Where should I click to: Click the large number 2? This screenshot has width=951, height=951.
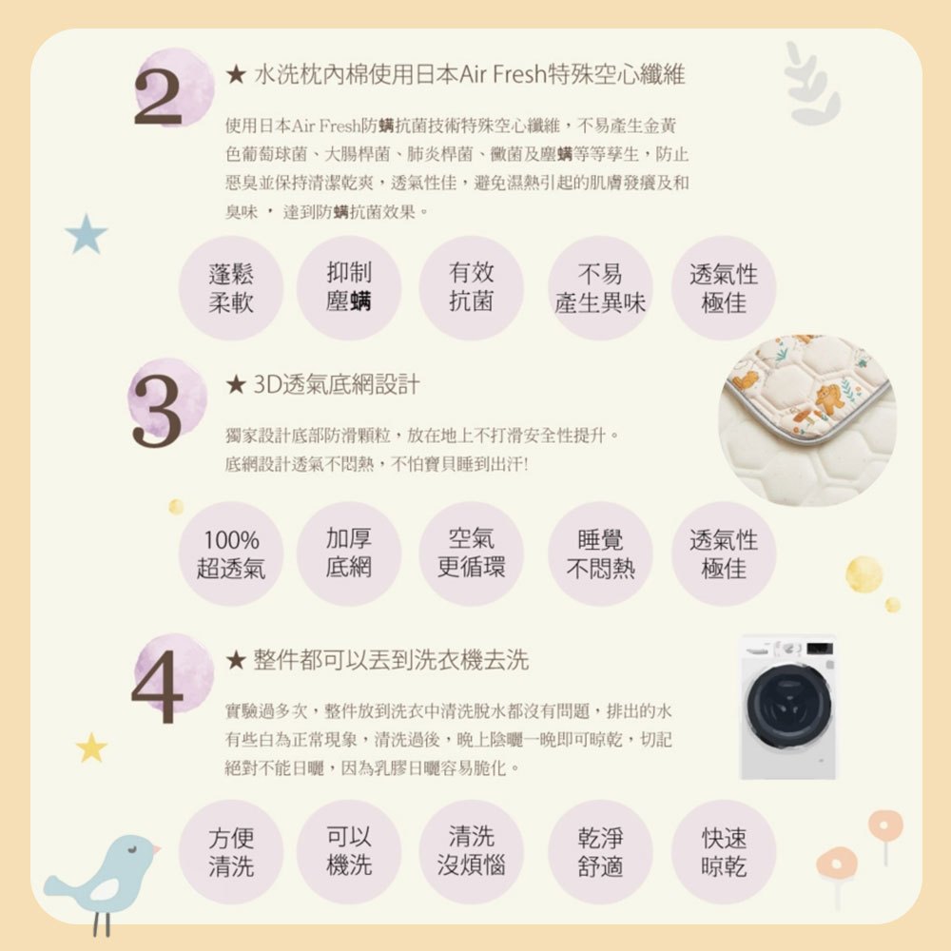(x=158, y=96)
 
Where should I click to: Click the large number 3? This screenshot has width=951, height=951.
(x=157, y=412)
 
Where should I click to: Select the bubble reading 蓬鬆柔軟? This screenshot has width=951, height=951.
(x=231, y=288)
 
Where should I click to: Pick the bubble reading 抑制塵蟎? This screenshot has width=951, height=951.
(x=349, y=288)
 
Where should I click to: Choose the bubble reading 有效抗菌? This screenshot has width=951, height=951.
(x=472, y=288)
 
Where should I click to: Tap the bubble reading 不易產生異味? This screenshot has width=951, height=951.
(x=600, y=288)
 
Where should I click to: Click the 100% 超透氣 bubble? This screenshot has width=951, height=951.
(x=231, y=553)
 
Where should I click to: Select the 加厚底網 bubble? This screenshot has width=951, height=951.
(x=349, y=553)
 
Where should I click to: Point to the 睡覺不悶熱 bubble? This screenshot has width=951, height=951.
(x=600, y=553)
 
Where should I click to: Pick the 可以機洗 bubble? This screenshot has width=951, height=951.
(x=349, y=851)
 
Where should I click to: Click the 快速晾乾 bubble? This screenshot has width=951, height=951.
(x=724, y=851)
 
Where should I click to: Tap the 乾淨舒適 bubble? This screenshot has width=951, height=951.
(x=600, y=851)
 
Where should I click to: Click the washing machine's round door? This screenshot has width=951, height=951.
(x=788, y=708)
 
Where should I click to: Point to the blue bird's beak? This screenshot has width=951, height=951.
(x=156, y=848)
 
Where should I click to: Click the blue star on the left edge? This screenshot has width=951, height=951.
(x=87, y=234)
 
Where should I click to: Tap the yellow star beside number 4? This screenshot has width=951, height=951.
(x=91, y=747)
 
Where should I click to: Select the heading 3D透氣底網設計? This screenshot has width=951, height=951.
(x=336, y=384)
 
